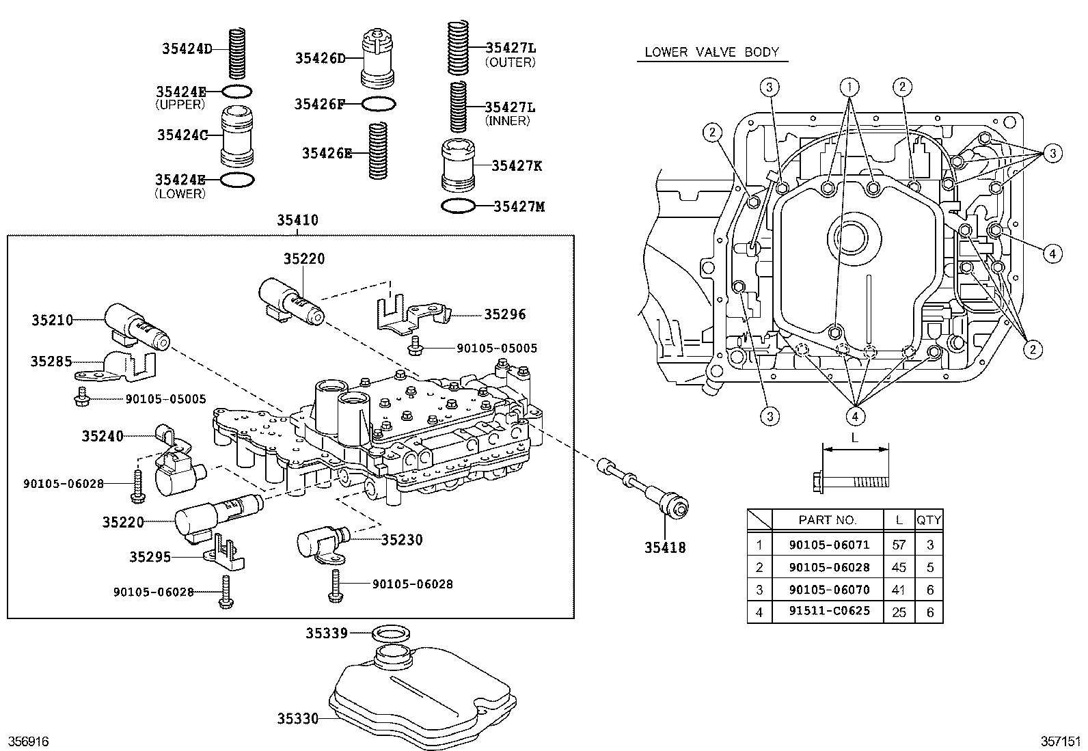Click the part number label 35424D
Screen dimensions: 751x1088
click(187, 48)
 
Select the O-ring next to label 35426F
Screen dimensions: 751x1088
click(378, 104)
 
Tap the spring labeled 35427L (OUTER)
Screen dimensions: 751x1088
click(457, 48)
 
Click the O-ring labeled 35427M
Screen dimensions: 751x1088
click(457, 206)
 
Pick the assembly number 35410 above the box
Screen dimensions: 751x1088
click(297, 220)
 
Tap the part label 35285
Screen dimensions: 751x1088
click(51, 361)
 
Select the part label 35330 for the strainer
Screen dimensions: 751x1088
click(297, 718)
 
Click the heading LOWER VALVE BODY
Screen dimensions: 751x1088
click(711, 52)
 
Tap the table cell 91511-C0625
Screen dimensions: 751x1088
click(829, 611)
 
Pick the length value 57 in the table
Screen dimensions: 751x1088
click(899, 544)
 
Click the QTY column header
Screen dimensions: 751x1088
click(929, 520)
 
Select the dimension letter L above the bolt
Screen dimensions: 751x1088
click(854, 437)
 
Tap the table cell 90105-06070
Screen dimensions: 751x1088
click(829, 589)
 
